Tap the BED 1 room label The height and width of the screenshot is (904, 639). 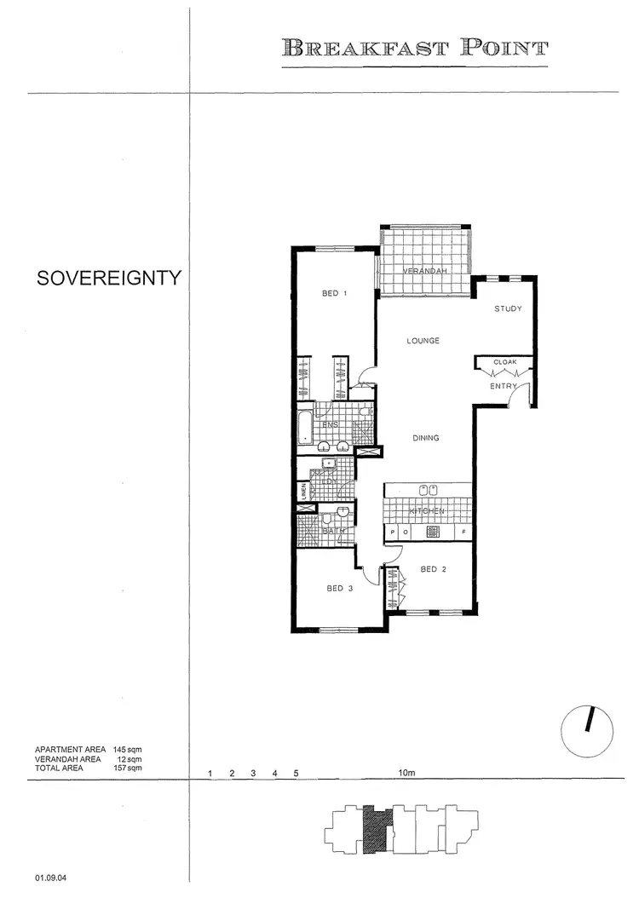pyautogui.click(x=335, y=294)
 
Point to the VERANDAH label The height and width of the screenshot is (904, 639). pyautogui.click(x=424, y=271)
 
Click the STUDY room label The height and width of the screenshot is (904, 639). pyautogui.click(x=508, y=309)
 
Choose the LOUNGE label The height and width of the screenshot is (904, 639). pyautogui.click(x=423, y=341)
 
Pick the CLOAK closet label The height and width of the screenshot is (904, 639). pyautogui.click(x=505, y=362)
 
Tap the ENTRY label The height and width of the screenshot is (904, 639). pyautogui.click(x=503, y=387)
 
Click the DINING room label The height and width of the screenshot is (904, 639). pyautogui.click(x=424, y=439)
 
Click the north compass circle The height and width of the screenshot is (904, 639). pyautogui.click(x=588, y=725)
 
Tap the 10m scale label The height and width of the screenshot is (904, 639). pyautogui.click(x=406, y=774)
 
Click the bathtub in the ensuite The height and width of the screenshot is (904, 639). pyautogui.click(x=306, y=425)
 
